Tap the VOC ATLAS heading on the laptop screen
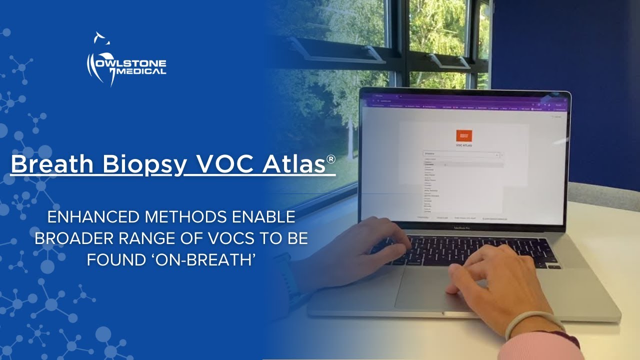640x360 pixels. pos(464,146)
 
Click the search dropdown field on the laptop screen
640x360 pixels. pos(460,155)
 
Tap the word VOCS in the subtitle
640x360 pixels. pos(231,238)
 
